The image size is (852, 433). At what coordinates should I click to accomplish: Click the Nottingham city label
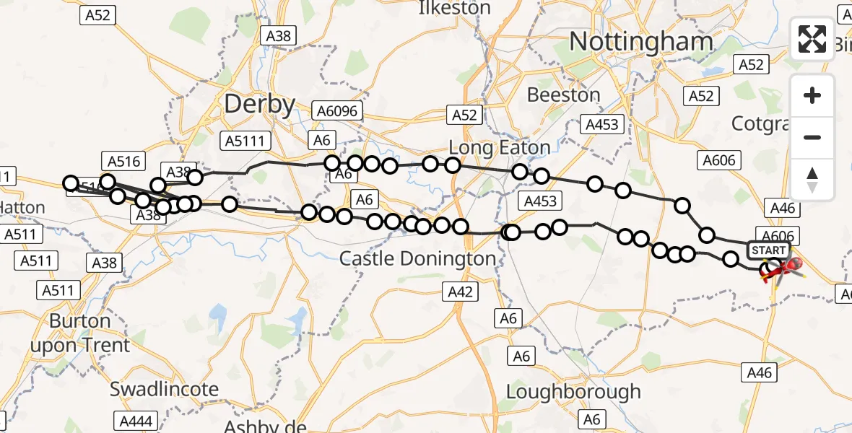coord(641,42)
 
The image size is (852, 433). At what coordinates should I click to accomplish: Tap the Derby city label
coord(259,105)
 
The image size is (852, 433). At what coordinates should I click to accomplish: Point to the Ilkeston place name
coord(455,9)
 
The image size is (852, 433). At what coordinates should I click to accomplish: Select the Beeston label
coord(563,95)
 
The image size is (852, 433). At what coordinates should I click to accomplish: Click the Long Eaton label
coord(499,148)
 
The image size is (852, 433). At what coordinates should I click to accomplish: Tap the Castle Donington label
coord(417,258)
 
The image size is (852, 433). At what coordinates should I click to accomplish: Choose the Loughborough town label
coord(573,392)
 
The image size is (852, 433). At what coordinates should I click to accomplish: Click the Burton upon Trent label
coord(79,333)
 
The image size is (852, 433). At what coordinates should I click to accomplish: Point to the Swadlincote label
coord(164,390)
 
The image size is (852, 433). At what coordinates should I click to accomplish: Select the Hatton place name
coord(22,208)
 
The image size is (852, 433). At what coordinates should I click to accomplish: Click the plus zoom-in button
coord(812,95)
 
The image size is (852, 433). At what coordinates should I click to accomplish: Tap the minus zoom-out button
coord(812,137)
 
